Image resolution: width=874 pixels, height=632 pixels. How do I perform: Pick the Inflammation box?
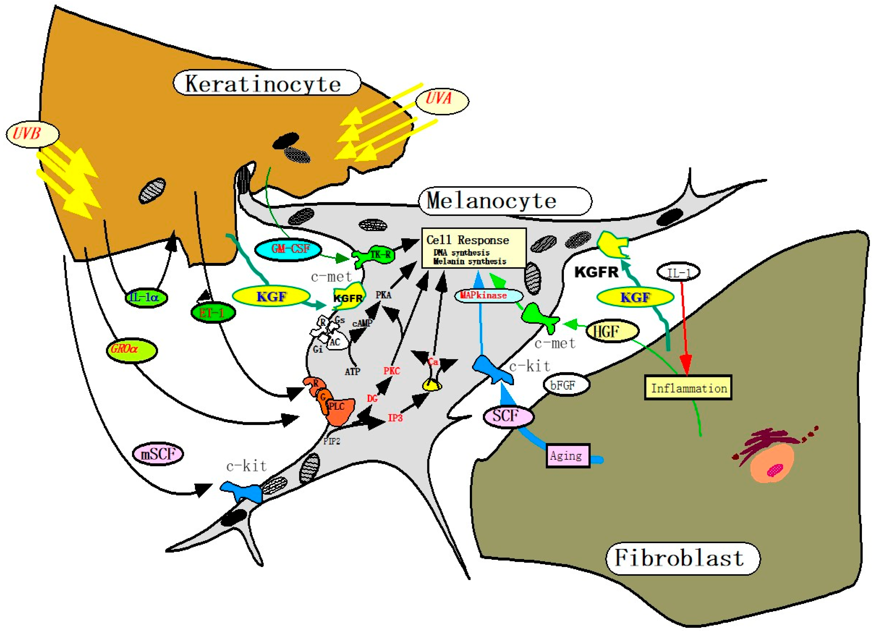[688, 388]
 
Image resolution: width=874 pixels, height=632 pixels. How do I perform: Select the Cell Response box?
[474, 248]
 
